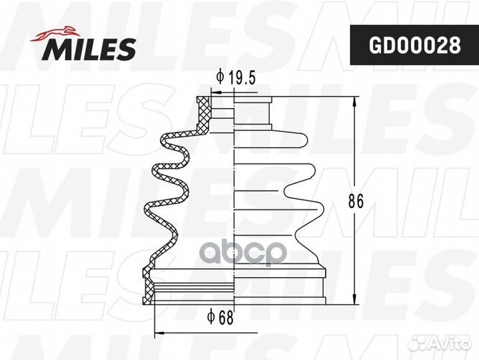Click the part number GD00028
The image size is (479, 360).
point(414,45)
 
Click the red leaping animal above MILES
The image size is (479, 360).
point(55,33)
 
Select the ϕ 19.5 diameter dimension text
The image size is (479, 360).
point(235,77)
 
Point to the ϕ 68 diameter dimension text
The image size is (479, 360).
point(220,317)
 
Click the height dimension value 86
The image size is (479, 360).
point(356,201)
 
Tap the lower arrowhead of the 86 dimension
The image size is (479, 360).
point(354,299)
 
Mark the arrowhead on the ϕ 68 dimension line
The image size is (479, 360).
point(160,333)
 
